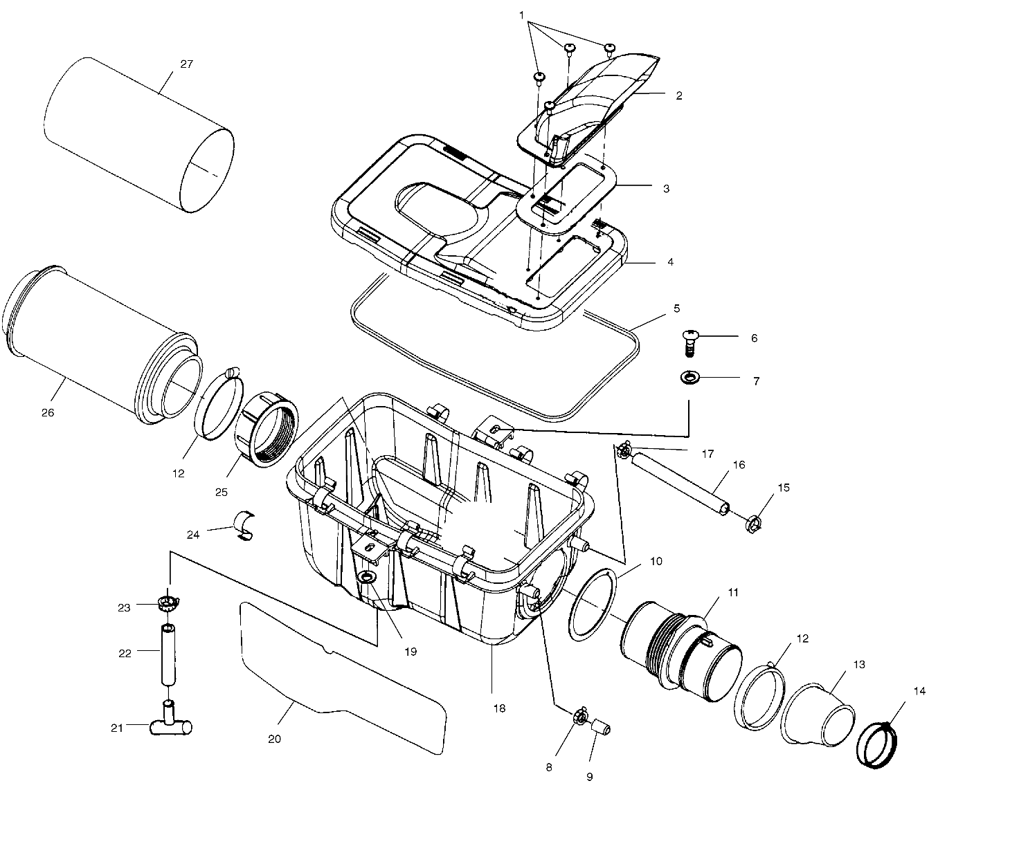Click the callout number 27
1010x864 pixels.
186,64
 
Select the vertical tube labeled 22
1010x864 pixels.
168,654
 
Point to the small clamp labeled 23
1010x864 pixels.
168,603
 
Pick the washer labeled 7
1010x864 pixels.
690,378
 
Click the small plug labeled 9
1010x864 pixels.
599,726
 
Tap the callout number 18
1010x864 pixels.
499,708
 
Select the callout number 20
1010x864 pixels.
274,739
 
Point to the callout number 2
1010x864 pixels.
678,96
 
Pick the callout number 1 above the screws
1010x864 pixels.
521,15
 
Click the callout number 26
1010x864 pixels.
47,412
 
